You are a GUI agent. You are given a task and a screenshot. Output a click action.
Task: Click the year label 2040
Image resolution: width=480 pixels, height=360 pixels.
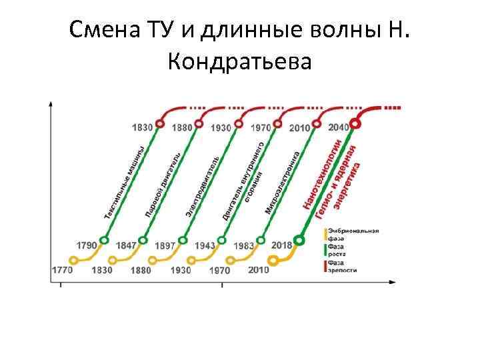click(339, 127)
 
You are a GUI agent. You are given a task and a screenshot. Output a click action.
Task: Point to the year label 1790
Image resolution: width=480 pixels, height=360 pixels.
click(87, 246)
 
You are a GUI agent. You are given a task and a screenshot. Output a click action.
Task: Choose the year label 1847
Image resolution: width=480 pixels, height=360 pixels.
click(125, 245)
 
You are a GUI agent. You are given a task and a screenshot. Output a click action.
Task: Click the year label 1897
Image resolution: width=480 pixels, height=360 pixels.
click(165, 245)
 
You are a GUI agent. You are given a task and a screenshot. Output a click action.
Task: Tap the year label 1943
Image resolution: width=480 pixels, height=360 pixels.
click(205, 245)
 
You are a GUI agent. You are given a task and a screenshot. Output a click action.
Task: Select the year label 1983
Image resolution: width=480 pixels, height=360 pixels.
click(244, 245)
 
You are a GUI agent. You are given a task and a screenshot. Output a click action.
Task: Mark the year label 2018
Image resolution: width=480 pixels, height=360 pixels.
click(283, 245)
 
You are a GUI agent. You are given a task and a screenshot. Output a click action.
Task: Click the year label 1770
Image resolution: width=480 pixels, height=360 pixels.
click(61, 270)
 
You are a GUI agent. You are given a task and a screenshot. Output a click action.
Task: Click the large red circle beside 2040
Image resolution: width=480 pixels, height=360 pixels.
click(357, 123)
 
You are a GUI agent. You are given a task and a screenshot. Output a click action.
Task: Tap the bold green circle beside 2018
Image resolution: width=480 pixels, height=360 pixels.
click(299, 240)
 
